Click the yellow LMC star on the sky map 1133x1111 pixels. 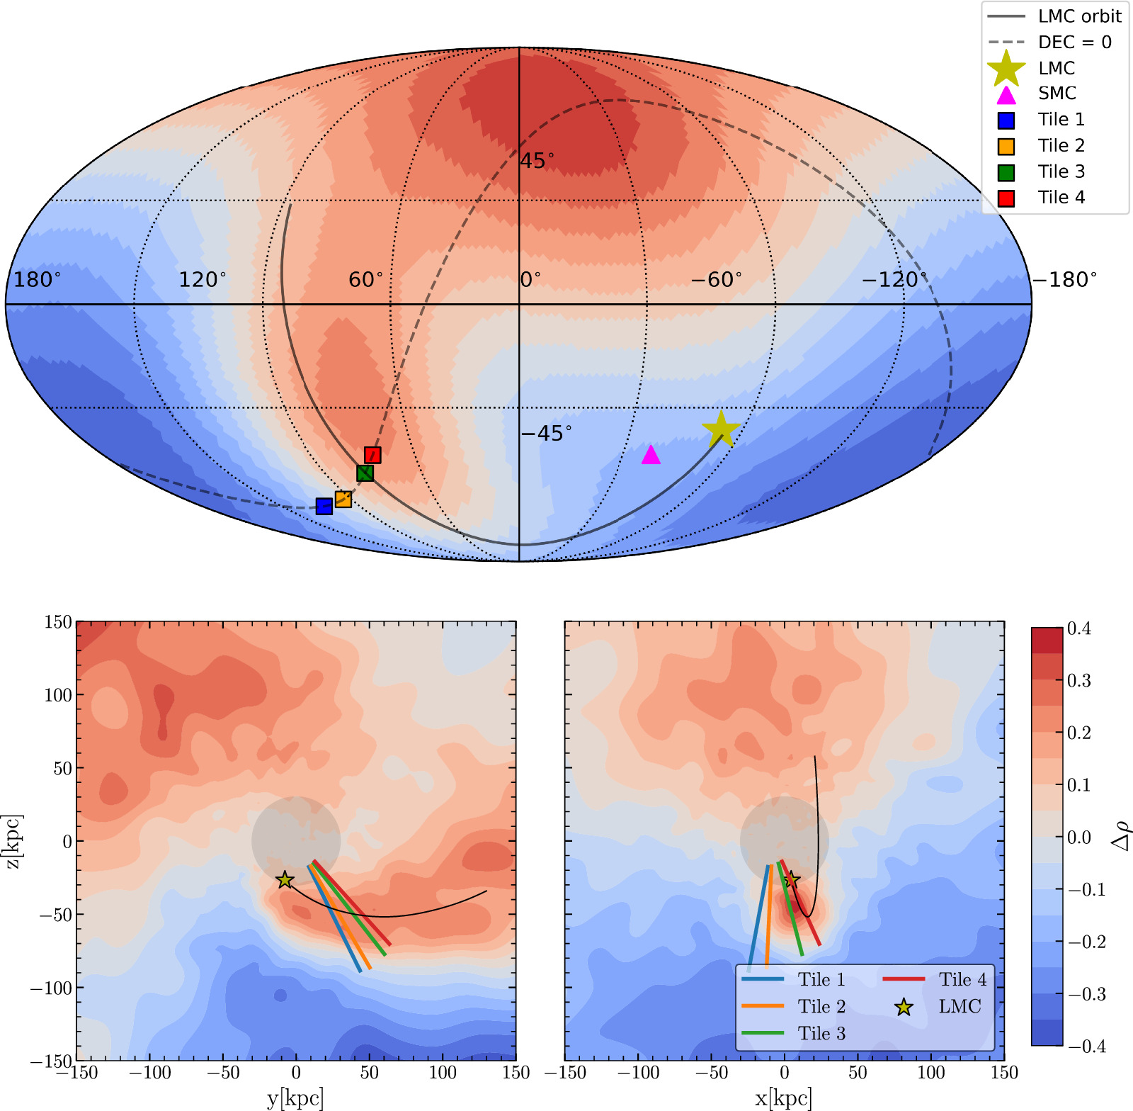[x=721, y=429]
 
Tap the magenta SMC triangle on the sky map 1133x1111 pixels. [x=651, y=456]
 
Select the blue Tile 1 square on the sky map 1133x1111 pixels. [x=324, y=506]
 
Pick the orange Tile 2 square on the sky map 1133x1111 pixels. [x=343, y=499]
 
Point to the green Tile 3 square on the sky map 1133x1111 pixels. [x=365, y=473]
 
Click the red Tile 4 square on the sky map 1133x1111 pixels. [x=372, y=455]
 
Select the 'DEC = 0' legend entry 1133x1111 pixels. [x=1074, y=43]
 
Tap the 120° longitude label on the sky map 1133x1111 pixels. [x=203, y=280]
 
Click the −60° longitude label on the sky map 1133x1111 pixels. [x=716, y=280]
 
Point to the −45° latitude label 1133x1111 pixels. [x=546, y=433]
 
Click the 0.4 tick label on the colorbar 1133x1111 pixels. [x=1078, y=628]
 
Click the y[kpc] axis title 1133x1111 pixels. [x=295, y=1098]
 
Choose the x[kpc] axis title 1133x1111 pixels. [x=784, y=1098]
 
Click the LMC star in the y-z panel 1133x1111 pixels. [x=285, y=880]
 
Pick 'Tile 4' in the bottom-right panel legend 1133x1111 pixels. [x=962, y=979]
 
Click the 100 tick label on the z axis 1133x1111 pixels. [x=58, y=695]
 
